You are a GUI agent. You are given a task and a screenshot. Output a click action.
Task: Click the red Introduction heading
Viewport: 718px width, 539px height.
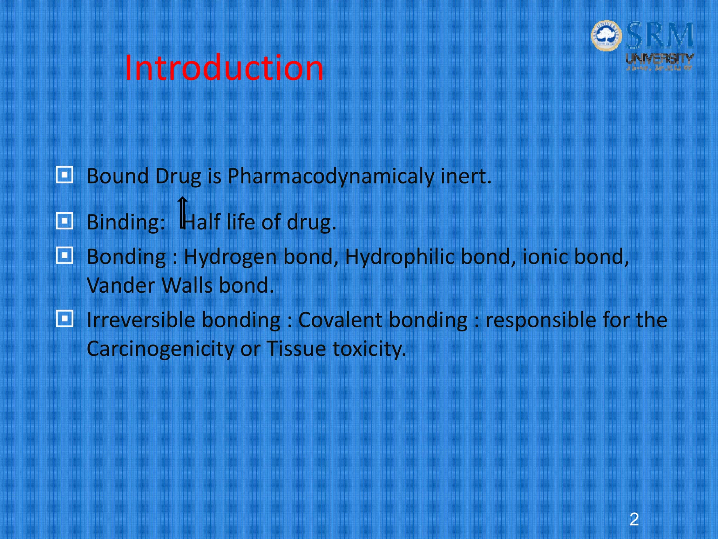pos(224,68)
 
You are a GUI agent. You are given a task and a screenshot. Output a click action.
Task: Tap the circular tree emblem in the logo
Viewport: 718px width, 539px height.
pos(606,35)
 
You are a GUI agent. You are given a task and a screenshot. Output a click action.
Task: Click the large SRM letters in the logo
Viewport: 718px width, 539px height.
pos(659,35)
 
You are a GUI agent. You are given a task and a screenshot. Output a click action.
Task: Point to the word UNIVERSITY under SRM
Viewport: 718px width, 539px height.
pos(659,59)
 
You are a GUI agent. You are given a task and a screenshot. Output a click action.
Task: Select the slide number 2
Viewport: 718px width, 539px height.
pos(634,519)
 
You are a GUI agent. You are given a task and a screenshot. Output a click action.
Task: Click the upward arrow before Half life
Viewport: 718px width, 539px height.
pos(182,213)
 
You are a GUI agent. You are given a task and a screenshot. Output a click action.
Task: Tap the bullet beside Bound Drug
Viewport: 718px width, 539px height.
pos(65,175)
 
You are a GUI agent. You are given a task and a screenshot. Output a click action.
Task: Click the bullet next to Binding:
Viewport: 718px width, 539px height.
pos(65,221)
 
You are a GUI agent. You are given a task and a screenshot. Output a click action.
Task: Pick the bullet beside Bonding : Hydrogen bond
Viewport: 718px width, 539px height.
pos(65,255)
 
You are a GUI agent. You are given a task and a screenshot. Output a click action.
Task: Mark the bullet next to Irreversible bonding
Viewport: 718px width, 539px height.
pos(65,319)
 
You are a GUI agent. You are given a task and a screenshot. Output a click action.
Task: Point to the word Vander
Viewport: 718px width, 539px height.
pos(121,285)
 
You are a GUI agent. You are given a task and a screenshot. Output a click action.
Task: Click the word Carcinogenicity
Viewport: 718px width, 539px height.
pos(160,349)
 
